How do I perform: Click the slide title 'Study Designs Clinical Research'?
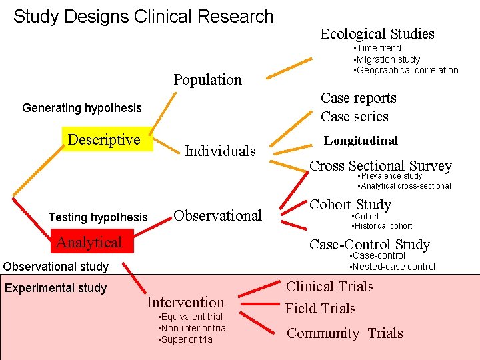[x=143, y=17]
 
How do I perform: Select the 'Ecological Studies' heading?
[x=377, y=34]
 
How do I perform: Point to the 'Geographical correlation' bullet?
[x=406, y=70]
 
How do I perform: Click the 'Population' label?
[x=207, y=80]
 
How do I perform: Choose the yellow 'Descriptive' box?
[x=105, y=140]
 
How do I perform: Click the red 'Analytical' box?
[x=89, y=242]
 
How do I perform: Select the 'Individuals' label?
[x=220, y=151]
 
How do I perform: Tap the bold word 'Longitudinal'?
[x=361, y=141]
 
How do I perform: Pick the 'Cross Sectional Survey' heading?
[x=381, y=165]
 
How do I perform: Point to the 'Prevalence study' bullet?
[x=391, y=176]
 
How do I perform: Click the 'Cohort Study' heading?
[x=350, y=205]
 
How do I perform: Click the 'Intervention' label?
[x=185, y=302]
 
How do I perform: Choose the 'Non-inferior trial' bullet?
[x=193, y=328]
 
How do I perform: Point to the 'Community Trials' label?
[x=345, y=333]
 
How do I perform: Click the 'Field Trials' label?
[x=321, y=309]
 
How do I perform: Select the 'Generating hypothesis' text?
[x=82, y=108]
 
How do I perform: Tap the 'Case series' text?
[x=354, y=117]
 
